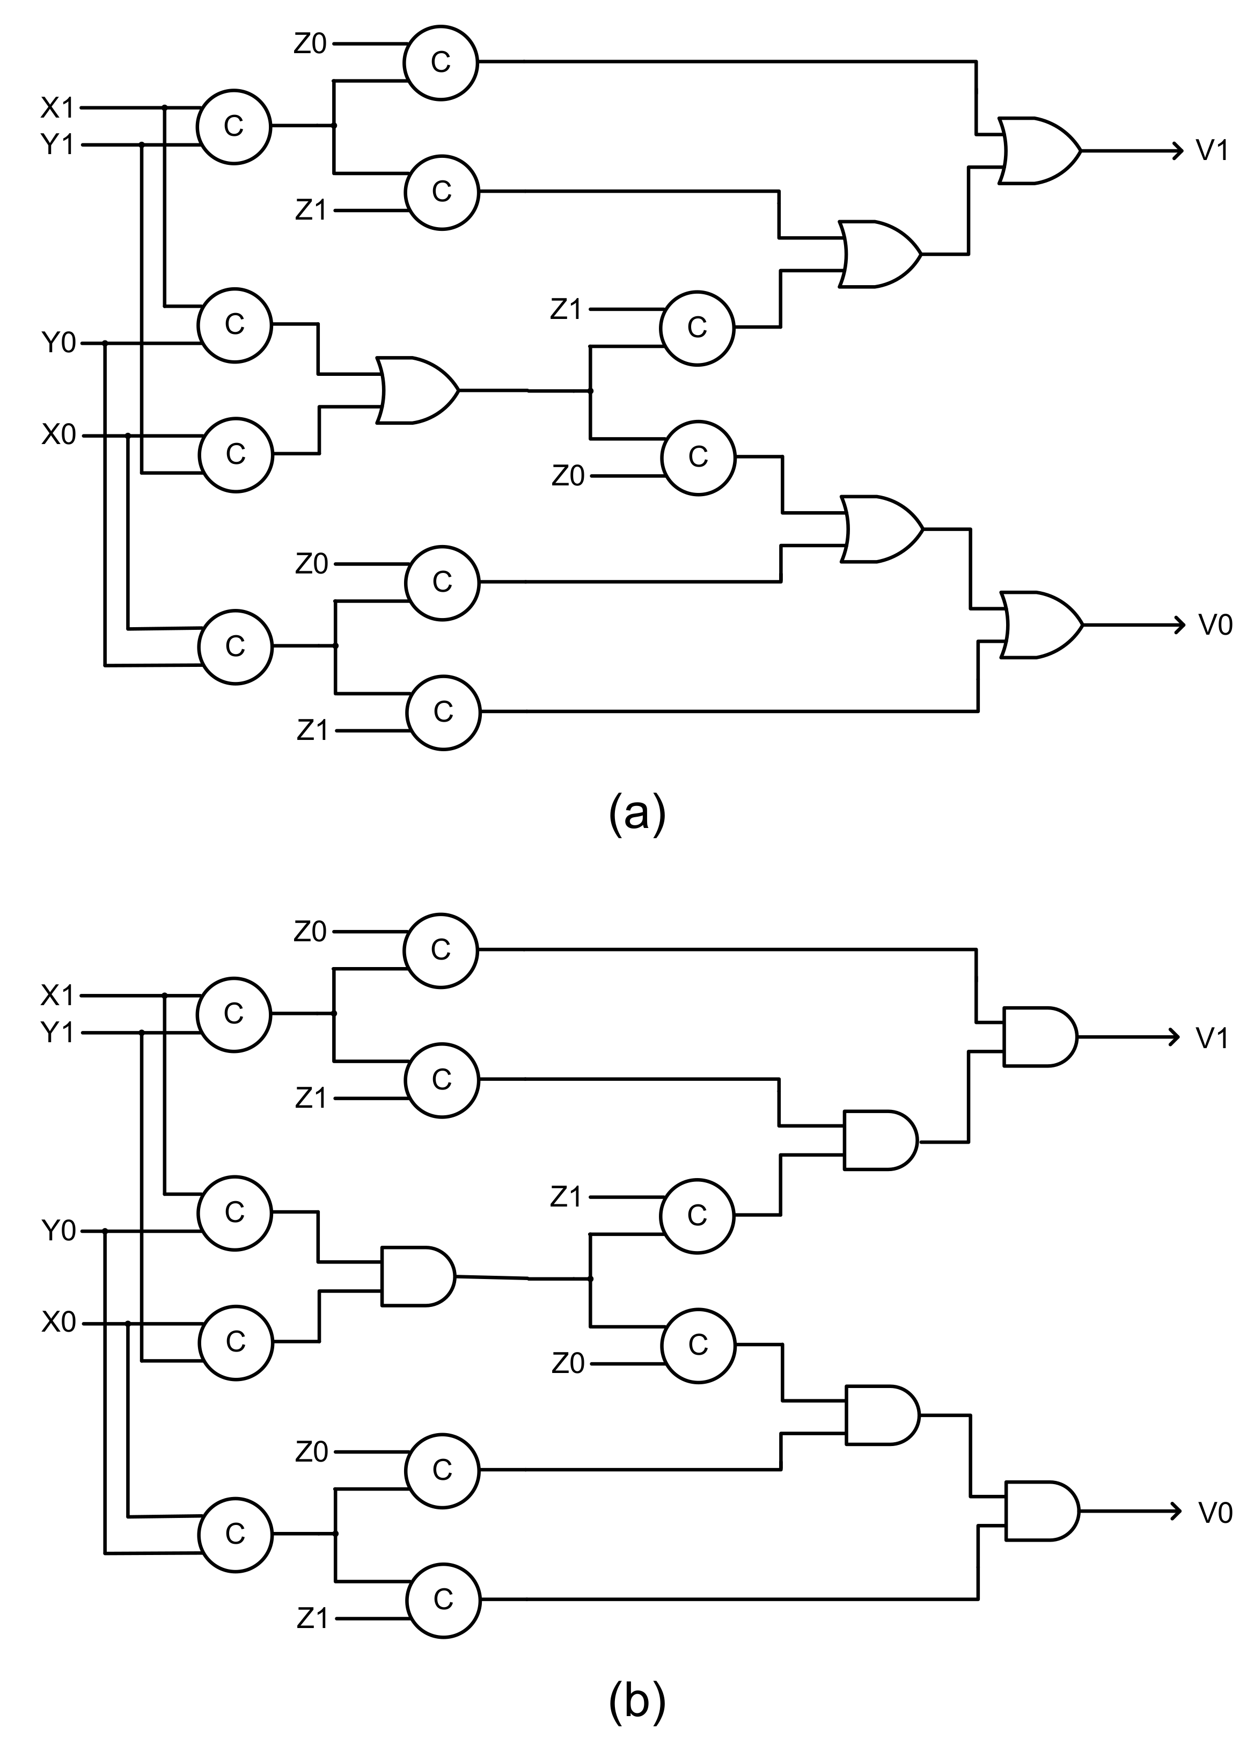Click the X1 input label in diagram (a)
pyautogui.click(x=57, y=108)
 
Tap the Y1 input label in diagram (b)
pyautogui.click(x=57, y=1032)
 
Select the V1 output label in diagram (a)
pyautogui.click(x=1212, y=150)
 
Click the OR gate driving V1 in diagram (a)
pyautogui.click(x=1038, y=150)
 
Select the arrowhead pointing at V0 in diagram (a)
pyautogui.click(x=1178, y=626)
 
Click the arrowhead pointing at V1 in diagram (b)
pyautogui.click(x=1175, y=1037)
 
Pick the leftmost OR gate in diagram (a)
pyautogui.click(x=417, y=390)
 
